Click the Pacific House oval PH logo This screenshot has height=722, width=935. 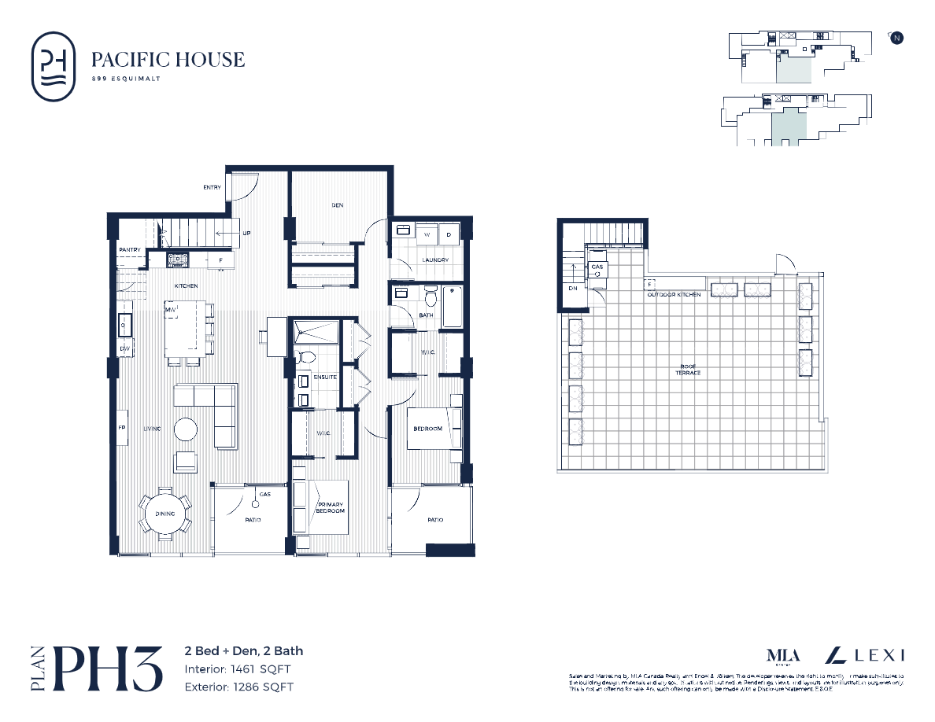coord(54,66)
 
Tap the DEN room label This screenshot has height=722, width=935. coord(337,205)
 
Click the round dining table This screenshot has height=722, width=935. coord(165,514)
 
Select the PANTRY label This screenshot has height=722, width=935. coord(129,250)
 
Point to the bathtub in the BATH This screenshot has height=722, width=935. coord(452,307)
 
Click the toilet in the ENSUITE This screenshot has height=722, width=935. coord(305,358)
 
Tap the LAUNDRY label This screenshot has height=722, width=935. coord(434,260)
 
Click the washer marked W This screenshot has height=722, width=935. coord(427,234)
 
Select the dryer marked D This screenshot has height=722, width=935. coord(449,234)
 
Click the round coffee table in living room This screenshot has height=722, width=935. coord(187,429)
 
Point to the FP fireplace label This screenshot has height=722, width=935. coord(122,429)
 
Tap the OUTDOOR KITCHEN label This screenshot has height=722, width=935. coord(673,295)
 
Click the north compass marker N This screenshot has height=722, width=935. coord(896,38)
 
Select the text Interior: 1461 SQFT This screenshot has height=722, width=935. coord(238,669)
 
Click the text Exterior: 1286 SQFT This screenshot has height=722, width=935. coord(239,687)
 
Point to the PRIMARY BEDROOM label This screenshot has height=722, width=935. coord(331,507)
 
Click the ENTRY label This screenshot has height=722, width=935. coord(212,187)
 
